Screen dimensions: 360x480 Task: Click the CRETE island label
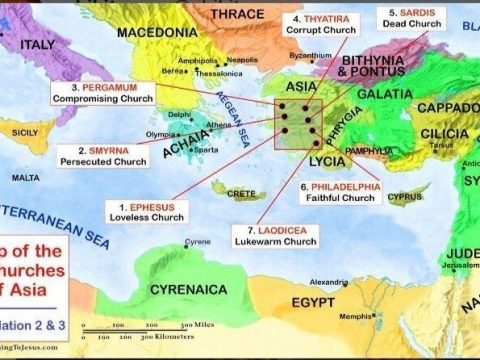242,191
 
